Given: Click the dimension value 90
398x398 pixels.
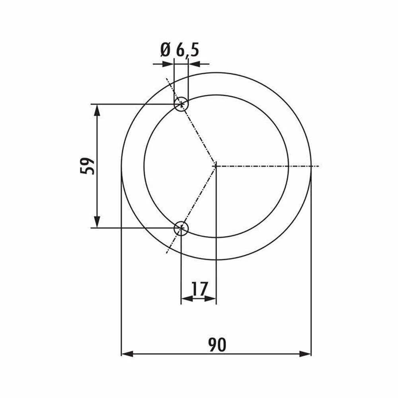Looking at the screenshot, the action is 217,344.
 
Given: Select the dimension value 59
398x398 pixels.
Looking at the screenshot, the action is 87,166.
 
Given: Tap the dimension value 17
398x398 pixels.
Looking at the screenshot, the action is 200,289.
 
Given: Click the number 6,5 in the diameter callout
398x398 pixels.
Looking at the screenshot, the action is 187,50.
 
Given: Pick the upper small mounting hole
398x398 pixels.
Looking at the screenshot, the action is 181,104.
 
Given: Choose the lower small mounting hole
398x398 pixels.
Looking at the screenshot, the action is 181,228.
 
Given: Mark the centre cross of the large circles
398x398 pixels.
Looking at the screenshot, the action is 216,166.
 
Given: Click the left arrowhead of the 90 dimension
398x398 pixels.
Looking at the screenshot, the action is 127,354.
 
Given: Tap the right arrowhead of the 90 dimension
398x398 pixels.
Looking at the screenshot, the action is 305,354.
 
